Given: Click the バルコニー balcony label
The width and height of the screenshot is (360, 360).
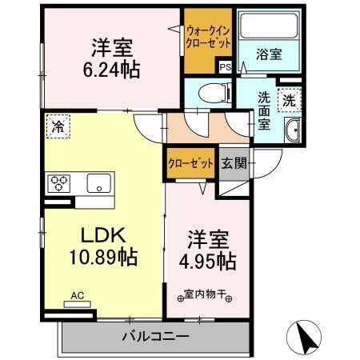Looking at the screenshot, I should pyautogui.click(x=155, y=336).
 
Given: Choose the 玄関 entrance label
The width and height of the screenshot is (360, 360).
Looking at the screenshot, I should pyautogui.click(x=234, y=163).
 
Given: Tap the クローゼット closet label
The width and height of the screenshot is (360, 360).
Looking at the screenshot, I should pyautogui.click(x=190, y=163).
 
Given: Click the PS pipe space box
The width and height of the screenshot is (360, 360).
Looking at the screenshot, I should pyautogui.click(x=225, y=67).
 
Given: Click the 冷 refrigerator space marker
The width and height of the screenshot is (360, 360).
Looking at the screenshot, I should pyautogui.click(x=58, y=125).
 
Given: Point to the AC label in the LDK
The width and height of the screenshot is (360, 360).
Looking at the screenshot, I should pyautogui.click(x=78, y=295).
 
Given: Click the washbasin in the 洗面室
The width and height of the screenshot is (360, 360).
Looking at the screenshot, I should pyautogui.click(x=292, y=130).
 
